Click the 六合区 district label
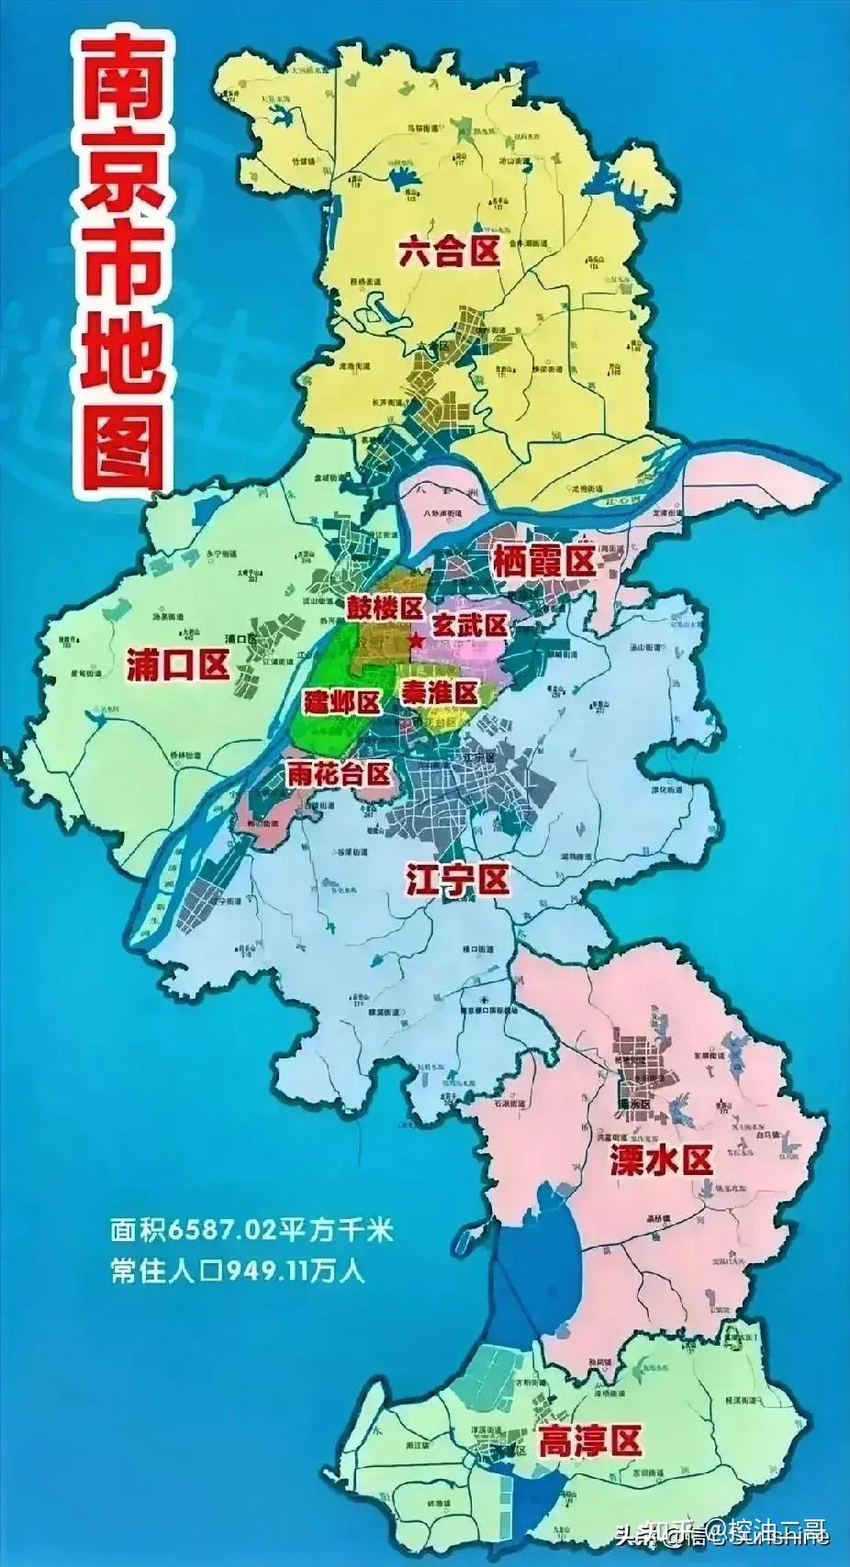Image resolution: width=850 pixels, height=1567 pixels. [450, 250]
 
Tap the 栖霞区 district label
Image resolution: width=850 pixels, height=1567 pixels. [544, 561]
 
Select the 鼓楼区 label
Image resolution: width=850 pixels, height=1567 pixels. [384, 607]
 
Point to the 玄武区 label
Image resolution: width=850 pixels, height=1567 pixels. [469, 626]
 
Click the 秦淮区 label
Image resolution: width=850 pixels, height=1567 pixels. [439, 689]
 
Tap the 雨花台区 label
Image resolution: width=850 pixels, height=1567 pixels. [339, 774]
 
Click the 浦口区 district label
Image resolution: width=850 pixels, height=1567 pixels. [177, 665]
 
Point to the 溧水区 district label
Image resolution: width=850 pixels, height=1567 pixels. [661, 1161]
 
